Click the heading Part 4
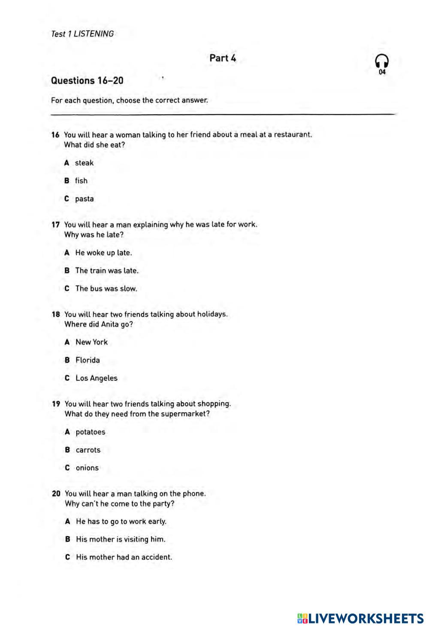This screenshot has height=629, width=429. pos(223,58)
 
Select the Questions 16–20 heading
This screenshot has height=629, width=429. pos(87,81)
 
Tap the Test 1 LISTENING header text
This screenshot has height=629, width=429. pos(82,33)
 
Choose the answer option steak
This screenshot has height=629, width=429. pos(84,163)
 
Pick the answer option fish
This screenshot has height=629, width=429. pos(81,181)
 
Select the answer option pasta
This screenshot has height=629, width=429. pos(84,199)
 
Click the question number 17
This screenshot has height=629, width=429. pos(55,225)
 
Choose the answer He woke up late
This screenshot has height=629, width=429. pos(103,253)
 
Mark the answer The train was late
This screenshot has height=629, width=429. pos(107,270)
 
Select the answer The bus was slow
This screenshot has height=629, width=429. pos(106,289)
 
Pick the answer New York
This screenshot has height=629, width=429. pos(91,342)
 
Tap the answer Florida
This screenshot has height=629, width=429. pos(88,360)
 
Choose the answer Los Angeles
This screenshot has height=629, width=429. pos(96,378)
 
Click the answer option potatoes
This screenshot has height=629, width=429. pos(90,432)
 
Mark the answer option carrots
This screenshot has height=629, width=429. pos(88,450)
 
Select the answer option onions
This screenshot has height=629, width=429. pos(87,468)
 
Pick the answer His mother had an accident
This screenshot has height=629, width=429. pos(124,557)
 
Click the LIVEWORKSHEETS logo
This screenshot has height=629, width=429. pos(360,618)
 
